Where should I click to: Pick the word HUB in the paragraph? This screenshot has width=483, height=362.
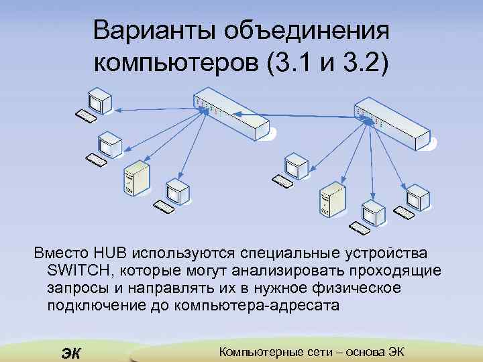111,255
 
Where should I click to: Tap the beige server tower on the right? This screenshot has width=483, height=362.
332,202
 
